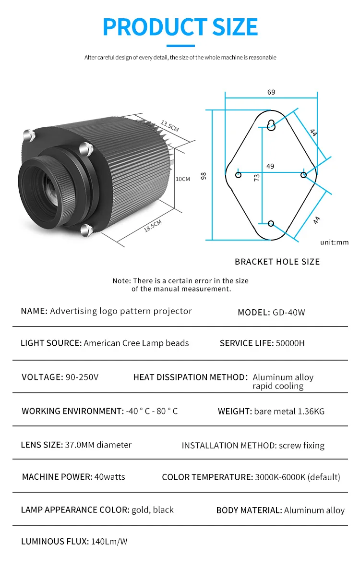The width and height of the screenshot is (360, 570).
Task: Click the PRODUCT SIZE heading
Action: (x=180, y=27)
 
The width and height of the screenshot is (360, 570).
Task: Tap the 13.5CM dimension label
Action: (x=169, y=126)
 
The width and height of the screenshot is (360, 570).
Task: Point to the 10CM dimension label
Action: (x=183, y=179)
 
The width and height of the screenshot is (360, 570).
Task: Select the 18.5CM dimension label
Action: (x=153, y=225)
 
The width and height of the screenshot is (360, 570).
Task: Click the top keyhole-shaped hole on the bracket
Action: (x=271, y=125)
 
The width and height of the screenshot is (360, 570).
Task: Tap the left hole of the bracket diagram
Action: (x=239, y=175)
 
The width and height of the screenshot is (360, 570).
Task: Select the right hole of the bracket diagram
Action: (x=303, y=175)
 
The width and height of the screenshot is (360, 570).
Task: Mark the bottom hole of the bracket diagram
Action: (x=271, y=223)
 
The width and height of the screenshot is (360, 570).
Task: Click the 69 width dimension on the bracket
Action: (x=271, y=92)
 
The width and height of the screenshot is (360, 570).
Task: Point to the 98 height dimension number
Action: (x=204, y=176)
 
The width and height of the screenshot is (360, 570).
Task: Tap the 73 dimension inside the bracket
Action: (x=257, y=177)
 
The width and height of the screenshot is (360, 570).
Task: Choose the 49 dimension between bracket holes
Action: (x=270, y=166)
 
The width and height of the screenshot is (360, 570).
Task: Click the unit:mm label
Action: (x=335, y=243)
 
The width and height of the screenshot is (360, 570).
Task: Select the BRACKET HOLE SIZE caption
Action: (x=277, y=262)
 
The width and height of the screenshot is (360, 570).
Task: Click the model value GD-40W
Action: (x=289, y=313)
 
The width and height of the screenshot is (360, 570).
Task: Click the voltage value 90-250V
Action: (x=81, y=377)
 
